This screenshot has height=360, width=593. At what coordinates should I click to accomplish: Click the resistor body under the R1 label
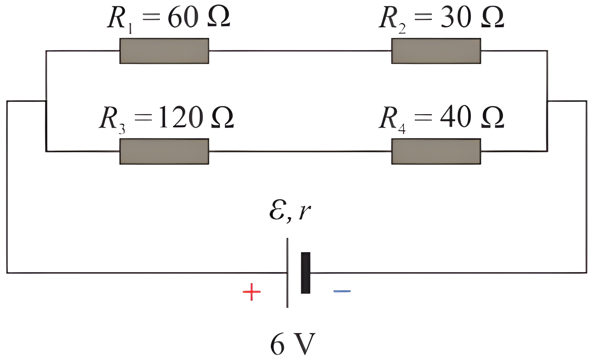coord(164,51)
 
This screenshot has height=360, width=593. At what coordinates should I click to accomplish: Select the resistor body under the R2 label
coord(436,51)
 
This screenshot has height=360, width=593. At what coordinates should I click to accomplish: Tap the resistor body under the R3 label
coord(164,151)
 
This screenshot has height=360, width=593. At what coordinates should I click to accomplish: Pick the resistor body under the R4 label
coord(436,151)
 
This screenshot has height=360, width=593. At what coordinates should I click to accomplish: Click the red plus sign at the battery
coord(252,292)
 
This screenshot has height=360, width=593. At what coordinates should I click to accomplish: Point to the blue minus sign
coord(342,291)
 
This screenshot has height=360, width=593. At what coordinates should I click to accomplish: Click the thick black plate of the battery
coord(306,273)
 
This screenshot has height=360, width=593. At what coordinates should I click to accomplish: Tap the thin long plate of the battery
coord(287,273)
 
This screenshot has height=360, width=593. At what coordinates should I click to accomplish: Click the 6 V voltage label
coord(293,344)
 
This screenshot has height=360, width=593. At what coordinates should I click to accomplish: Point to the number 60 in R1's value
coord(183,17)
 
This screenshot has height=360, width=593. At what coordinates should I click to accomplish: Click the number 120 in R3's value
coord(181,117)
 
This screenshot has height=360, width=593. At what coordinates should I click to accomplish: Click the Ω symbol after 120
coord(223,117)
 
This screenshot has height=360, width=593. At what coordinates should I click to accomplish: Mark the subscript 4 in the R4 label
coord(402,129)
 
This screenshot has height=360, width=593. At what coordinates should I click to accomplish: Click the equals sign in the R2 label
coord(423,17)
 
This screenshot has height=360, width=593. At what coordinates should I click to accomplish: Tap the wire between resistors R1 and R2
coord(300,51)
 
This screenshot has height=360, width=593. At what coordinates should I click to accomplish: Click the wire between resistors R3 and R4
coord(300,151)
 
